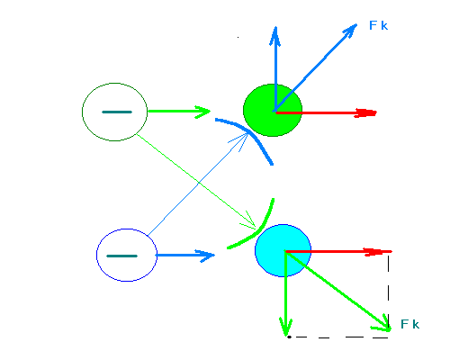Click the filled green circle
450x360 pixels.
(273, 110)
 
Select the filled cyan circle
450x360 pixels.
(283, 250)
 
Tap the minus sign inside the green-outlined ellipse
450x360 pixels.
(117, 112)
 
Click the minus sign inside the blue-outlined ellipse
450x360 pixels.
(122, 256)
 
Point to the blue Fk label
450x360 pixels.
(379, 25)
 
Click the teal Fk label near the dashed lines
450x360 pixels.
(409, 324)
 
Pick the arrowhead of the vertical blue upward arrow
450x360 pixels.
(275, 35)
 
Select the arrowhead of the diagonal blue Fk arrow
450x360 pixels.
(349, 31)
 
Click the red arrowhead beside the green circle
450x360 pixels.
(365, 112)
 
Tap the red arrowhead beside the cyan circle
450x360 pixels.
(373, 252)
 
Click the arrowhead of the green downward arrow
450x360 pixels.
(286, 327)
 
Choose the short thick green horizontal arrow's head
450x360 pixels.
(202, 112)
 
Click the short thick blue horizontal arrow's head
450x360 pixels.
(207, 256)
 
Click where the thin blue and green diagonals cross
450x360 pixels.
(198, 183)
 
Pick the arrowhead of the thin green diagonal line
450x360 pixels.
(249, 221)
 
